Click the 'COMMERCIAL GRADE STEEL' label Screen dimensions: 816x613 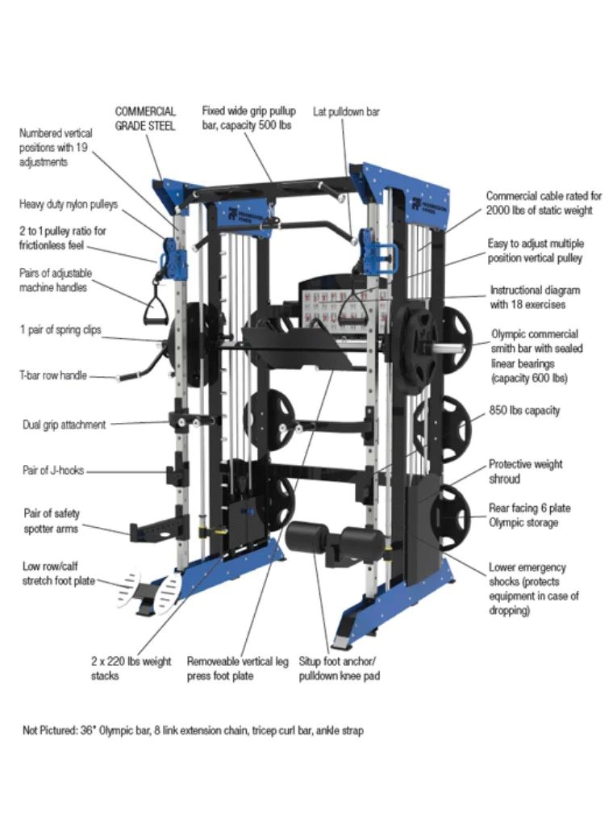145,119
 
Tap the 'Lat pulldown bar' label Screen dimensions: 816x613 346,112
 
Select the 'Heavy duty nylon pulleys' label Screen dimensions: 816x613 69,204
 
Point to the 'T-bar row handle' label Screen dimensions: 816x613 53,375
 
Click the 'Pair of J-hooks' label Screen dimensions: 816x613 53,471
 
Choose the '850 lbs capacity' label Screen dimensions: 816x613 523,410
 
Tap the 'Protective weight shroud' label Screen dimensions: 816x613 525,471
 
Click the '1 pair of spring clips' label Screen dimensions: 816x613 60,330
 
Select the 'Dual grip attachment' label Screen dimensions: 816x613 64,424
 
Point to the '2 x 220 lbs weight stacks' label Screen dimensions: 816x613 131,668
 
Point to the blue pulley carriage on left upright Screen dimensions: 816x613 172,253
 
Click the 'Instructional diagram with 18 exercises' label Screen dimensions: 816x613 535,297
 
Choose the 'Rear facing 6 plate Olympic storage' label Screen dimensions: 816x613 529,516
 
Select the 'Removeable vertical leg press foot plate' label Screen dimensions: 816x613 237,668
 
